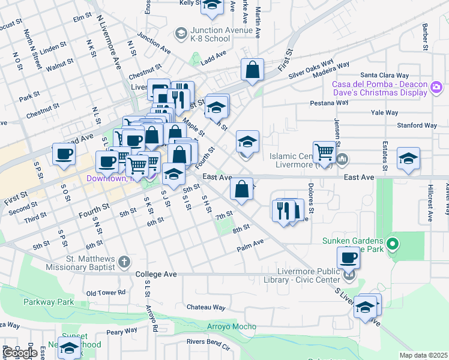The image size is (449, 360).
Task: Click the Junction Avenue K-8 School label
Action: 210,35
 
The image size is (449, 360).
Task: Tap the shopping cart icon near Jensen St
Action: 324,152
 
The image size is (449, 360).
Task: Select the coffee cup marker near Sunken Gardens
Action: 348,259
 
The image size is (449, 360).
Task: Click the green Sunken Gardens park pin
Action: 393,244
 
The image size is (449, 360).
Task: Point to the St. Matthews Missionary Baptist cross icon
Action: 124,261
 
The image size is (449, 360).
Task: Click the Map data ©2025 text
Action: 424,355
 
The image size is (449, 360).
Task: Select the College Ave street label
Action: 156,274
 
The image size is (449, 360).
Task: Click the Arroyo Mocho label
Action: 232,327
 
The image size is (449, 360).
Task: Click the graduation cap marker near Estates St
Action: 408,158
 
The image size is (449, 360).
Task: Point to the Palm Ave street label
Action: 250,244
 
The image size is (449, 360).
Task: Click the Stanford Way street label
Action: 417,126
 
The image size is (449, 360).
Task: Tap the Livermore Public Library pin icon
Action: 349,275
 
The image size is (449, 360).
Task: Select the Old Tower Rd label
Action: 106,293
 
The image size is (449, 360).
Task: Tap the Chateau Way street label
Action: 206,307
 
